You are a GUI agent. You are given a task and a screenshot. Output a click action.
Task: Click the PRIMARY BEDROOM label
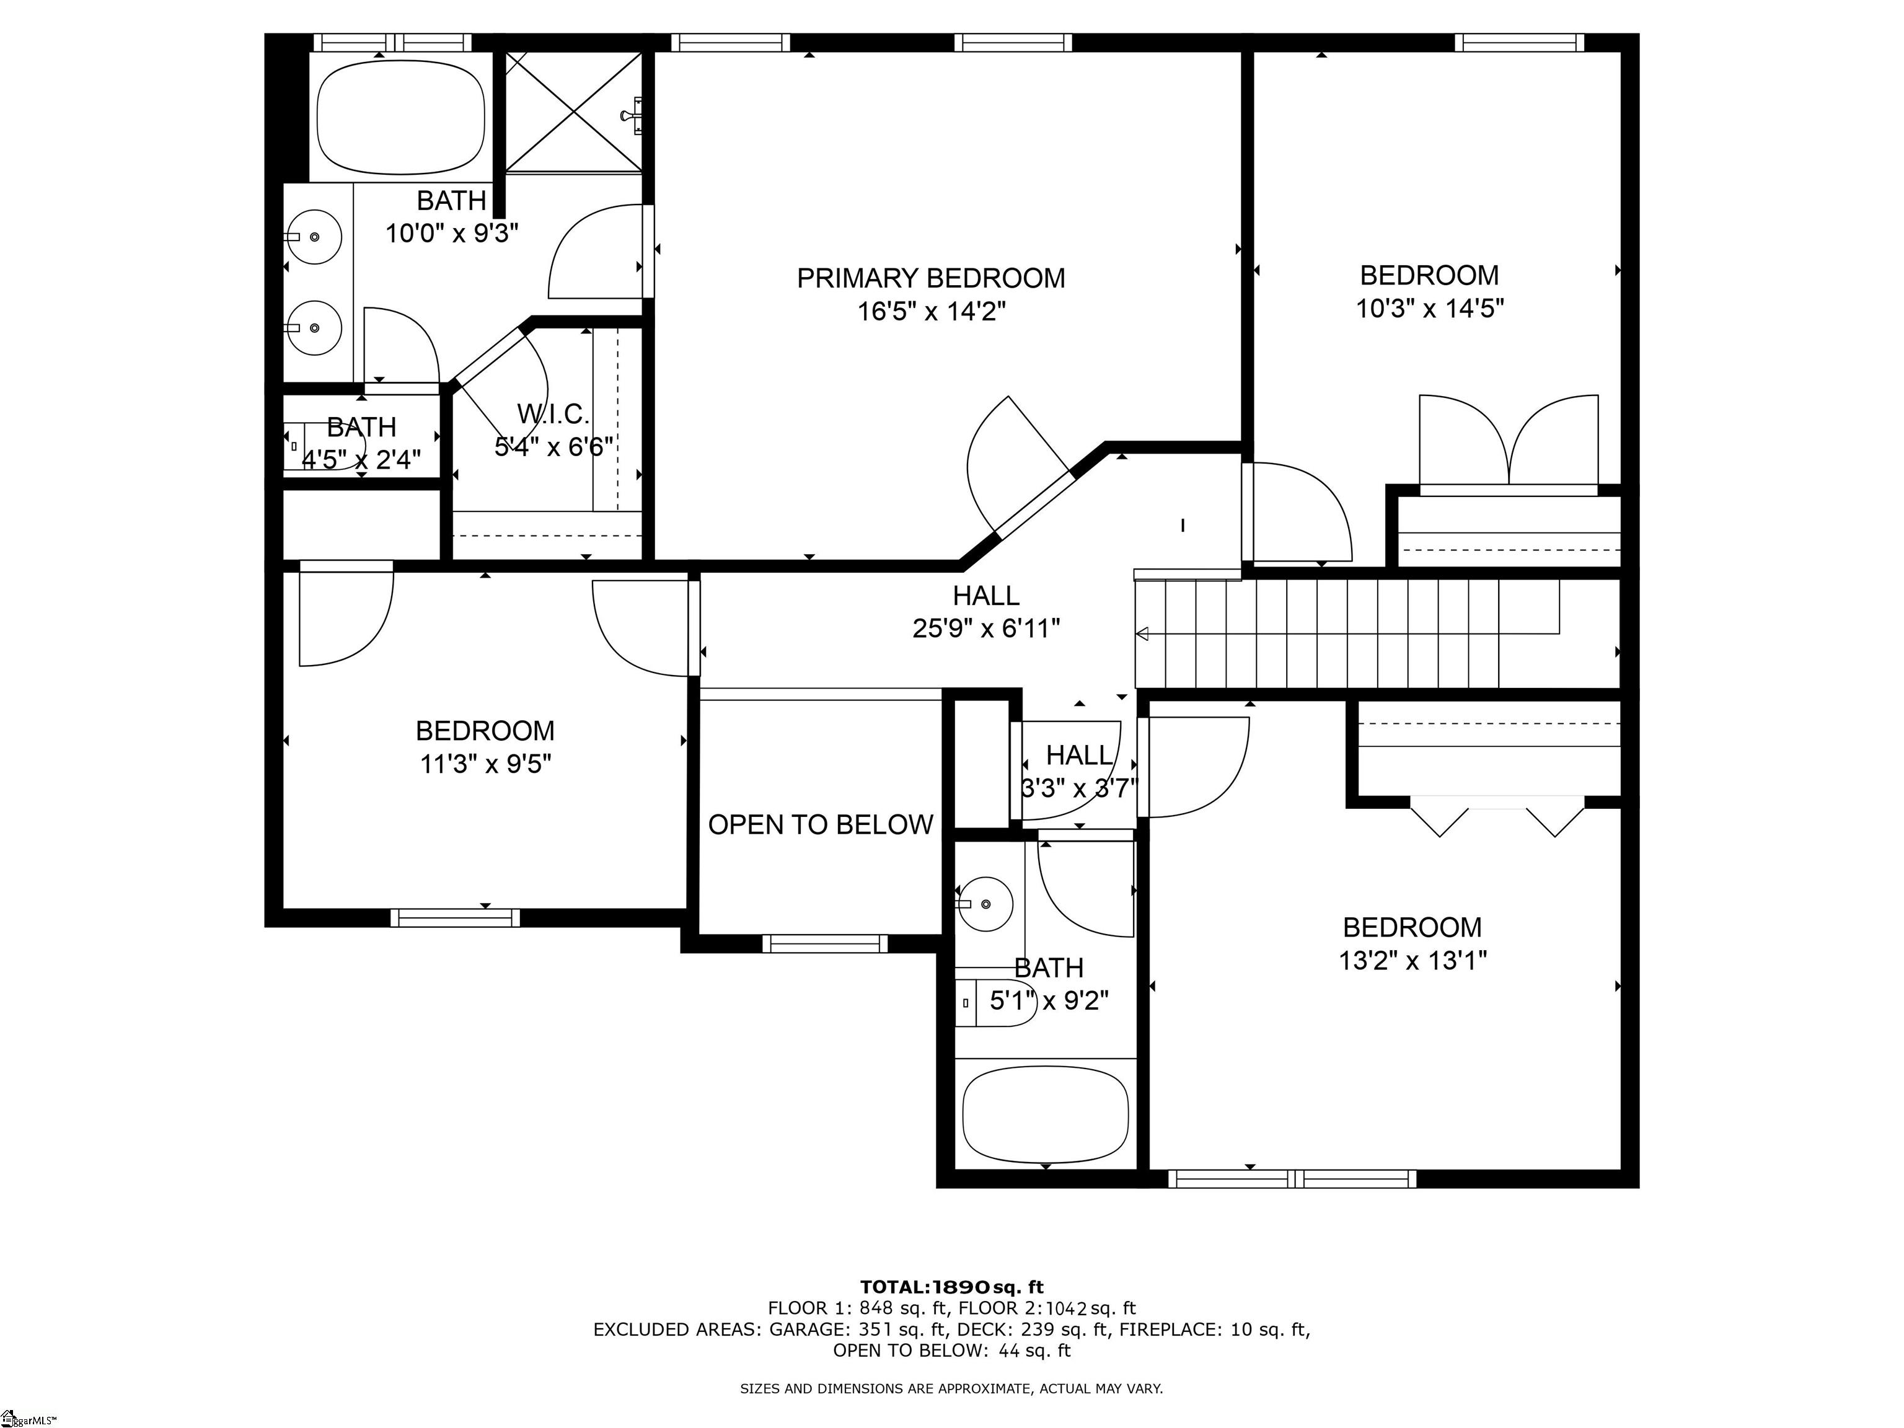pyautogui.click(x=930, y=278)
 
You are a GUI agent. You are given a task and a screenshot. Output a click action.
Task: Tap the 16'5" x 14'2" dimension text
pyautogui.click(x=930, y=311)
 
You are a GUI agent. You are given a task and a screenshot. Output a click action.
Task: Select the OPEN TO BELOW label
pyautogui.click(x=821, y=824)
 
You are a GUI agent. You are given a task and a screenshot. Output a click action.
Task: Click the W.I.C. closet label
pyautogui.click(x=553, y=414)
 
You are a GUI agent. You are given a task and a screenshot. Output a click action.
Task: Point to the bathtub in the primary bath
pyautogui.click(x=400, y=117)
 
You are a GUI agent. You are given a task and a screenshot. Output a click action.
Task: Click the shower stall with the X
pyautogui.click(x=573, y=112)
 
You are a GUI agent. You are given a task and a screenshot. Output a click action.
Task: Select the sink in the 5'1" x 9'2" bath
pyautogui.click(x=985, y=904)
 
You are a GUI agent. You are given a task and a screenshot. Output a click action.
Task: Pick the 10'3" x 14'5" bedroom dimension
pyautogui.click(x=1430, y=308)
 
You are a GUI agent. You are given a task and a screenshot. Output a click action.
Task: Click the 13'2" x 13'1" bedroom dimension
pyautogui.click(x=1413, y=959)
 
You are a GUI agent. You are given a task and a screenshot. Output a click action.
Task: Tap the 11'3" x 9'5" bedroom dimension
pyautogui.click(x=485, y=764)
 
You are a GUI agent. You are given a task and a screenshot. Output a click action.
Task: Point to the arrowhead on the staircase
pyautogui.click(x=1142, y=635)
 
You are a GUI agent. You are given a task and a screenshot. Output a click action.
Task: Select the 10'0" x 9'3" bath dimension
pyautogui.click(x=451, y=233)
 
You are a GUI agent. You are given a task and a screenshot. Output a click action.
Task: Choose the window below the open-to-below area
pyautogui.click(x=824, y=943)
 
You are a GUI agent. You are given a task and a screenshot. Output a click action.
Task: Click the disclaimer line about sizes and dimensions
pyautogui.click(x=951, y=1388)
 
